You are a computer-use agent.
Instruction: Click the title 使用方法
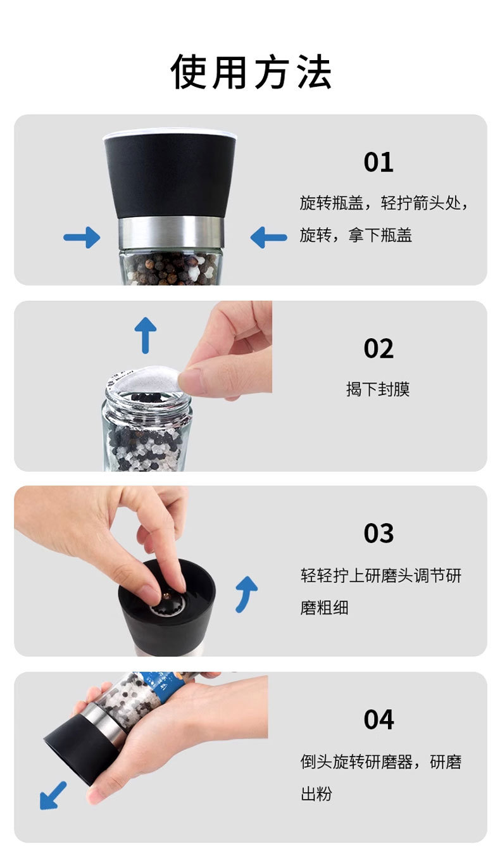(251, 72)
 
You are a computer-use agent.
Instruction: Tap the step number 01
(378, 162)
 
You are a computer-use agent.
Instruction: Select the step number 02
(378, 349)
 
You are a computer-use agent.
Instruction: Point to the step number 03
(378, 534)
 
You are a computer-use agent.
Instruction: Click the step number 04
(378, 720)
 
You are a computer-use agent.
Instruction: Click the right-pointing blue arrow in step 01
(82, 237)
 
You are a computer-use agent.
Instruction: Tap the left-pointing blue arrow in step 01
(268, 237)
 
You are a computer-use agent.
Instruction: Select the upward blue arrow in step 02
(146, 335)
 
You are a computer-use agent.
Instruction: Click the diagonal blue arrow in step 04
(53, 795)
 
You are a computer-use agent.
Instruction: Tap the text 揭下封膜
(378, 389)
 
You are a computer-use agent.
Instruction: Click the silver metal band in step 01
(171, 232)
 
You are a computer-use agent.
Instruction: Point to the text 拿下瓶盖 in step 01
(380, 235)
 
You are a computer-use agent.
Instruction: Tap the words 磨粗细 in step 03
(324, 608)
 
